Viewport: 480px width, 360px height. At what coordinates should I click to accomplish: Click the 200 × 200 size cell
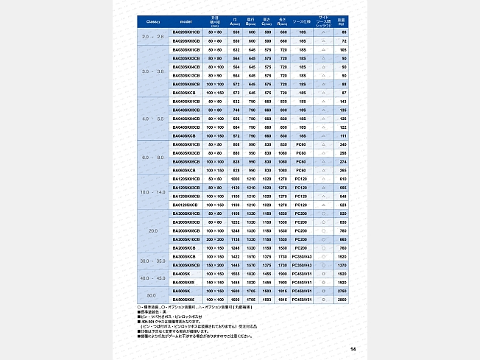click(x=215, y=239)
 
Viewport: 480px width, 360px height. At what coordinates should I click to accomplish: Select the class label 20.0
click(x=152, y=230)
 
